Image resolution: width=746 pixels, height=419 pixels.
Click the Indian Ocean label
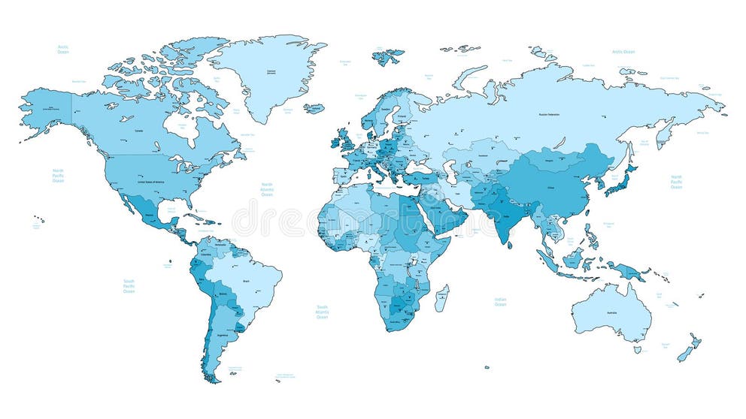(500, 301)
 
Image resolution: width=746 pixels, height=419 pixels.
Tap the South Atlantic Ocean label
(322, 312)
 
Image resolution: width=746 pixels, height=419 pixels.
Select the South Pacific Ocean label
(129, 286)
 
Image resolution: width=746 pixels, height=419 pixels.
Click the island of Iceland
(314, 108)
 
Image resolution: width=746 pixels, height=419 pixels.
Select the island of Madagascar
(442, 298)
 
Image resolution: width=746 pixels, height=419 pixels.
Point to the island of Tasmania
(637, 349)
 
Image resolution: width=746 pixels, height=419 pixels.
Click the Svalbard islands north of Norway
(388, 56)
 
